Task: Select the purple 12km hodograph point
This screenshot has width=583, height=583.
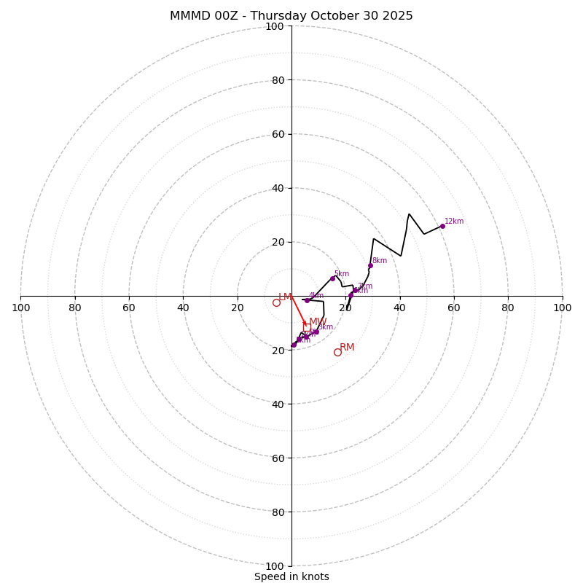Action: point(442,226)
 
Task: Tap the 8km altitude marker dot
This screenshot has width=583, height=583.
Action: point(370,265)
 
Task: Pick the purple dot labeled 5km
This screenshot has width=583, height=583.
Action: point(332,278)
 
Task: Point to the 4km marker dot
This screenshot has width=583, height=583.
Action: point(307,300)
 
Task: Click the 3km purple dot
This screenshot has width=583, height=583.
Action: point(316,332)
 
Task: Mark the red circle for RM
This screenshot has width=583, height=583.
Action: point(337,352)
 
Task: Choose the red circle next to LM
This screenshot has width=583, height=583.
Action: point(276,302)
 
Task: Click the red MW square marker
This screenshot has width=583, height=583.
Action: point(308,326)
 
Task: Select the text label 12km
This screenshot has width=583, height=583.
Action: point(454,222)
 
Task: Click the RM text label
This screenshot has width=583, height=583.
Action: point(347,348)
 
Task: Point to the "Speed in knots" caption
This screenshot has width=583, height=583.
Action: point(291,576)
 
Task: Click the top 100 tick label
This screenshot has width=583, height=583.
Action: point(275,26)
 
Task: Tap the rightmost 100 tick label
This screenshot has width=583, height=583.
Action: point(562,308)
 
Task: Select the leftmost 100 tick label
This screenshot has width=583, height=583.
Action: point(21,308)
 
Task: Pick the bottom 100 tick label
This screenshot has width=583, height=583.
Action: point(275,566)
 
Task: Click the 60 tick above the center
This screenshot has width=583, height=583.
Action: point(278,134)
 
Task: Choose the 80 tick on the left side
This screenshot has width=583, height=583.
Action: point(75,308)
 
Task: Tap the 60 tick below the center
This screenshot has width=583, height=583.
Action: point(278,458)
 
